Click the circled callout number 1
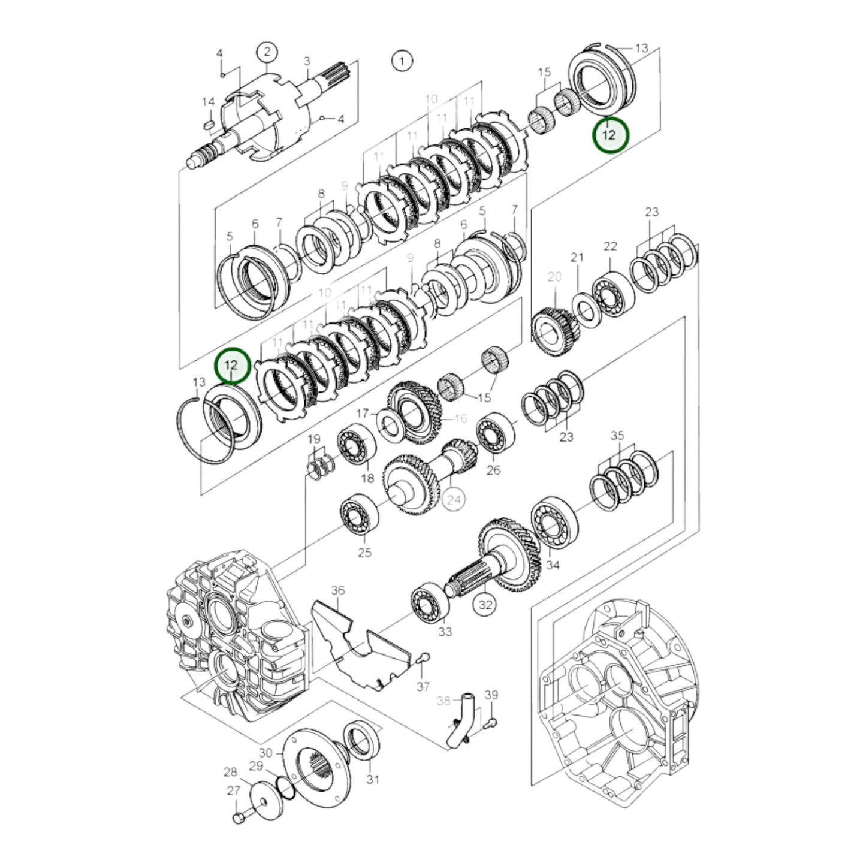point(402,60)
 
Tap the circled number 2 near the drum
point(267,52)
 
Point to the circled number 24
point(454,499)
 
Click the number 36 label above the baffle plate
point(338,590)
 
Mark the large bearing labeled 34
point(554,523)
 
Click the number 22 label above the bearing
point(610,246)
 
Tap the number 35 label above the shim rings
point(617,436)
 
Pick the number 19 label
point(314,439)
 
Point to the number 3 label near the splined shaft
point(307,61)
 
